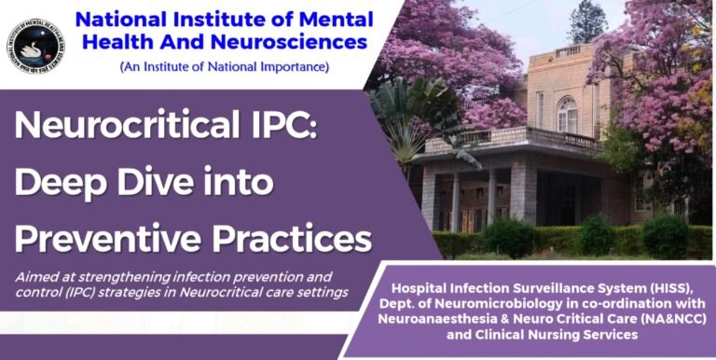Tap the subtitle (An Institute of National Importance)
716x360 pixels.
click(x=224, y=68)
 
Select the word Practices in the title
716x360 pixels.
click(x=289, y=238)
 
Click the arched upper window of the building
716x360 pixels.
click(x=567, y=114)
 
